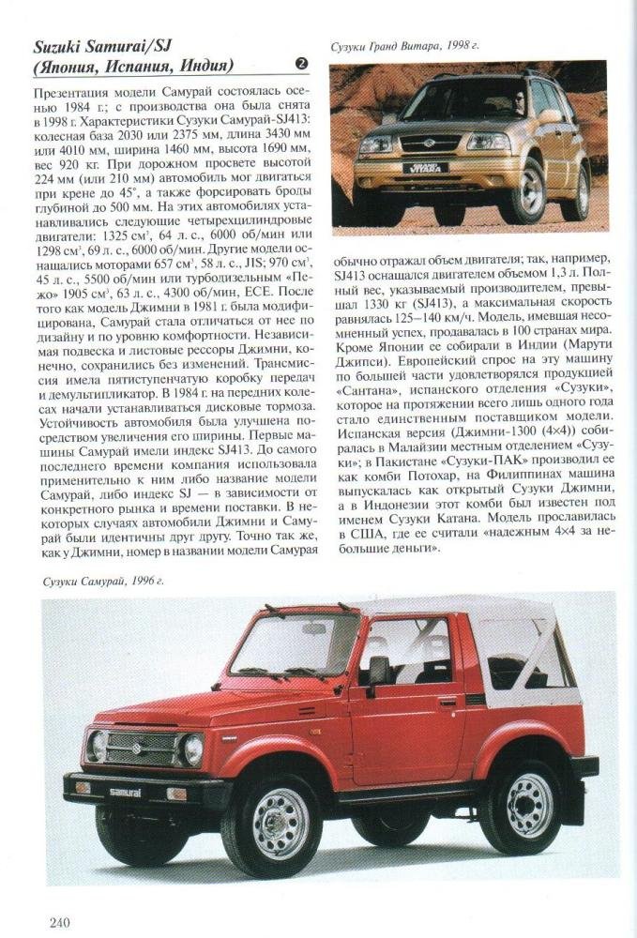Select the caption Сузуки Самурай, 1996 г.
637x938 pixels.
(x=103, y=582)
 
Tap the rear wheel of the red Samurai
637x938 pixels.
(x=529, y=806)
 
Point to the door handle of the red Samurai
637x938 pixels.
(x=447, y=701)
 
